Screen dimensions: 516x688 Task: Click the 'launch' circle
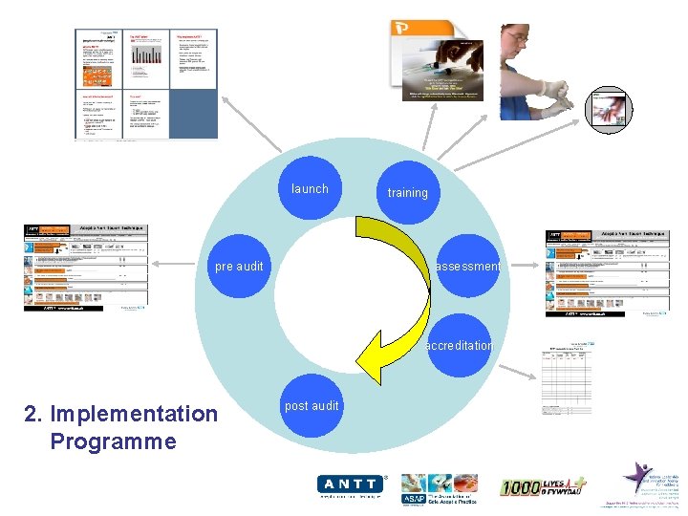310,188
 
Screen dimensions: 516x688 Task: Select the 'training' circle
407,192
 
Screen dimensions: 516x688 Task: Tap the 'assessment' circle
466,267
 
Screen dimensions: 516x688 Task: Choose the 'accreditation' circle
460,345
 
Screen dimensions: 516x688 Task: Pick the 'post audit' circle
312,405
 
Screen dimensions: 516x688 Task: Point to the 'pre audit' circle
239,267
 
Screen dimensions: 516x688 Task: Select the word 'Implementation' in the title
134,414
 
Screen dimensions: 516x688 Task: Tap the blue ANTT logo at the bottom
352,486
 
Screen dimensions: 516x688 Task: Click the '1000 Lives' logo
543,486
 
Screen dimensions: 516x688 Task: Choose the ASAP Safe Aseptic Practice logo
441,488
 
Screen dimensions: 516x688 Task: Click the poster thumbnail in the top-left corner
146,83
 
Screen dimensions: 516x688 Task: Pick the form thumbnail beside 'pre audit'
86,269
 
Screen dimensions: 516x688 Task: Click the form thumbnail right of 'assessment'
606,272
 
